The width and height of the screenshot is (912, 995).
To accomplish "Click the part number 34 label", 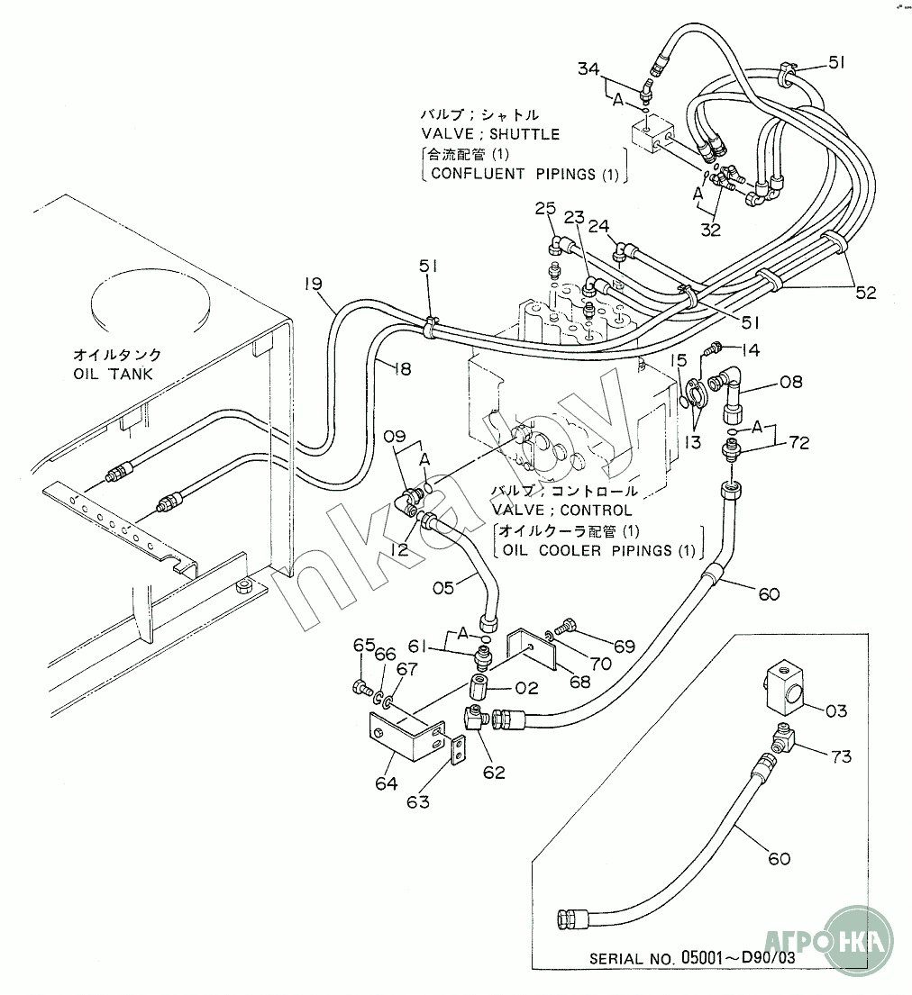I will (x=588, y=68).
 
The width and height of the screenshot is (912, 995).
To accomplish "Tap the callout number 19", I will (x=313, y=285).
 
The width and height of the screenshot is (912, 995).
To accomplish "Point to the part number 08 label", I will (x=790, y=383).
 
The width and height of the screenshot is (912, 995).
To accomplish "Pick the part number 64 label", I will (x=386, y=783).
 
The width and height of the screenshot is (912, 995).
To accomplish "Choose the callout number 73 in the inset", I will (x=841, y=756).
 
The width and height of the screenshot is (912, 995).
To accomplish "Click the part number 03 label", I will (x=836, y=710).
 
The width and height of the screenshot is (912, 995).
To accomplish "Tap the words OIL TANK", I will (x=114, y=374).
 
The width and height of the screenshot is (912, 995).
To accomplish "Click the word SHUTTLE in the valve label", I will (x=526, y=134).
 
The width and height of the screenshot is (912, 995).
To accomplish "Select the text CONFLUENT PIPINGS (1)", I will (x=524, y=174).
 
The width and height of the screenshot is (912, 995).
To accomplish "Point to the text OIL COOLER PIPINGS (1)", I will (x=598, y=549).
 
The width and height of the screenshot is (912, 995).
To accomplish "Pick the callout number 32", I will (x=711, y=230).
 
